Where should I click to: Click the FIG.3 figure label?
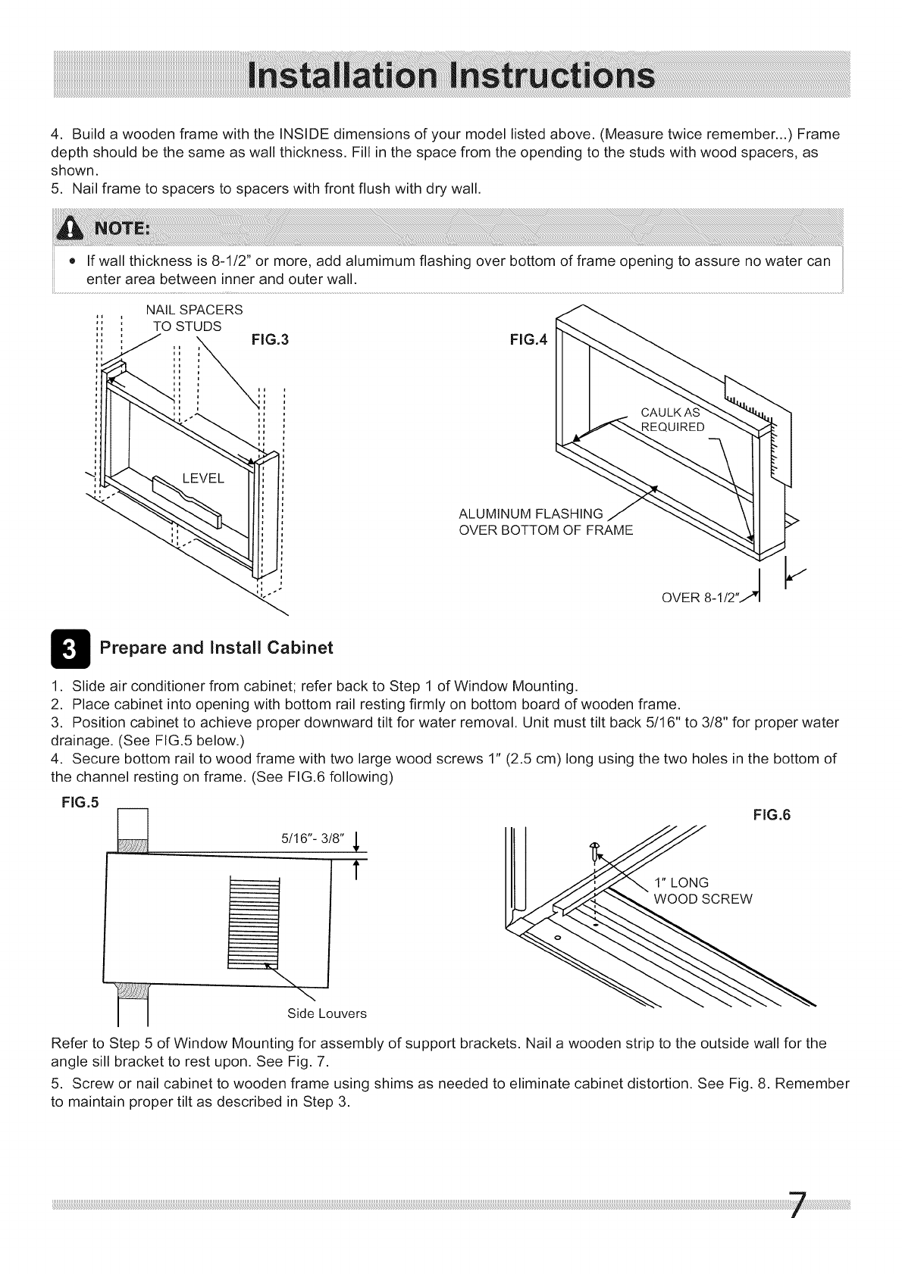[x=269, y=340]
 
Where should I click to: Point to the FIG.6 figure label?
[x=772, y=815]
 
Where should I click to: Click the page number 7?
[x=796, y=1205]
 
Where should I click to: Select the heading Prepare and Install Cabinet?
[x=217, y=648]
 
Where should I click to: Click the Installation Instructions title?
[x=450, y=76]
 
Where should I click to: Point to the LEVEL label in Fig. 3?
[x=203, y=478]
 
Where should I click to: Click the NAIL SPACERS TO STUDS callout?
[x=193, y=318]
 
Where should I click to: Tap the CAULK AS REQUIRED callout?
[x=672, y=420]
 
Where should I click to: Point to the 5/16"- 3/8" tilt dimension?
[x=313, y=838]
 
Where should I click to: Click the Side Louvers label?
[x=327, y=1013]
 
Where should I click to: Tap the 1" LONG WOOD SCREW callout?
[x=703, y=891]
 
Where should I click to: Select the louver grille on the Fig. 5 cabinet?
[x=253, y=923]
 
